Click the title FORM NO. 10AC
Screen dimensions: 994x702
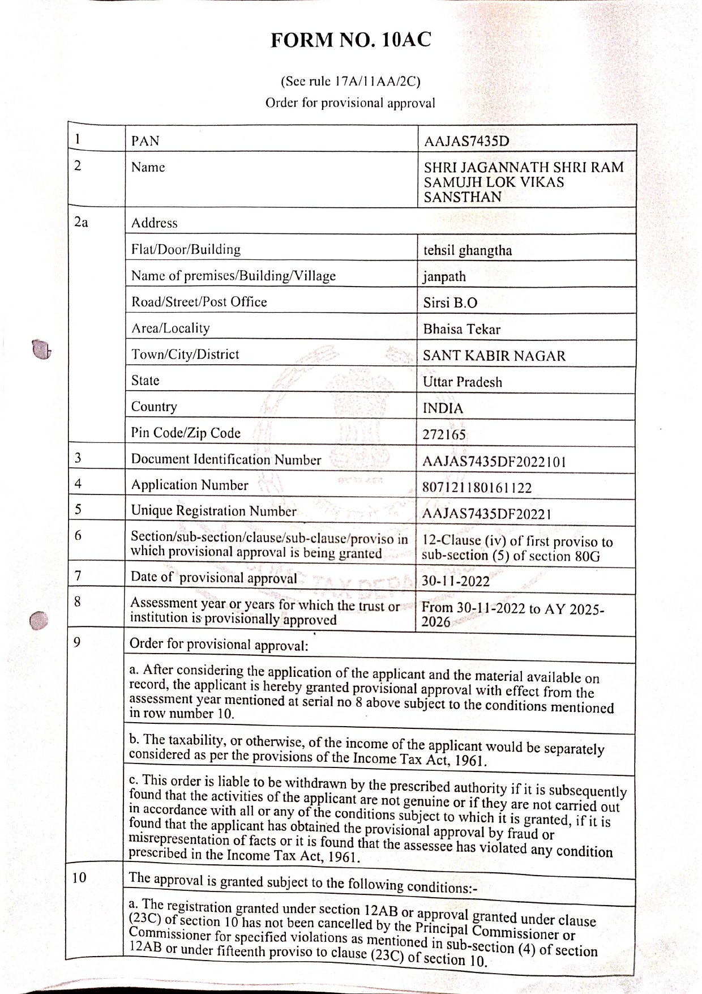(350, 40)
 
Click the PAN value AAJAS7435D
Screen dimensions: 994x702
(466, 141)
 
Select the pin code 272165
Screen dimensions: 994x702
(444, 435)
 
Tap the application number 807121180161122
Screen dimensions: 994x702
(477, 488)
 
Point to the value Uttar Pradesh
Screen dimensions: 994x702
(463, 382)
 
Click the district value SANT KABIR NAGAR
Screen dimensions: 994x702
(494, 356)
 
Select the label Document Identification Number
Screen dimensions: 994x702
(226, 460)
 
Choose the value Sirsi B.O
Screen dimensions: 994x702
(450, 303)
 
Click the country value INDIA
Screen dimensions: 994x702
(443, 408)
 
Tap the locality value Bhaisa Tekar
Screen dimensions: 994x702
(461, 330)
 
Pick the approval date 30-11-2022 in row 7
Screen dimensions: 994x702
(456, 581)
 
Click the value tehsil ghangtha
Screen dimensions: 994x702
(468, 250)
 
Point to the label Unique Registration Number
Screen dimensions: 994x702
(213, 511)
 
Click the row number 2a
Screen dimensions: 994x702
(81, 223)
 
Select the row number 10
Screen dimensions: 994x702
(79, 878)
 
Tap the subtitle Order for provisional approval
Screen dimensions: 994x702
(350, 103)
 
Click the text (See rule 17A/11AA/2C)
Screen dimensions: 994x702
(350, 82)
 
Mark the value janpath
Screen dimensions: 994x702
(444, 277)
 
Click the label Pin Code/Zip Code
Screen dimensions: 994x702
(186, 433)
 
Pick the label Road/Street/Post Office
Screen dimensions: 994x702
(199, 302)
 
